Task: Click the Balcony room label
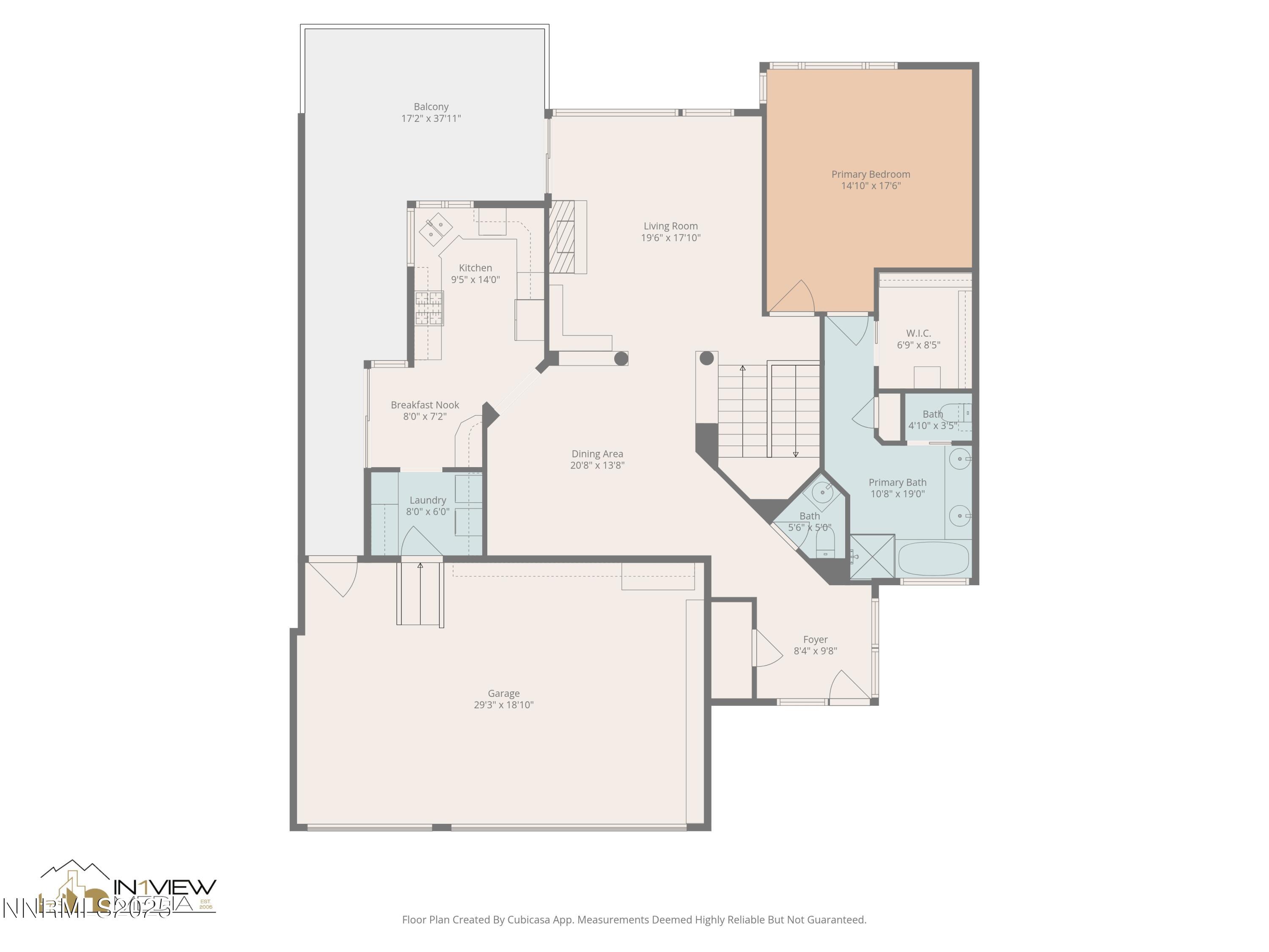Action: [x=431, y=107]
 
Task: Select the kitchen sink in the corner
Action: [x=431, y=228]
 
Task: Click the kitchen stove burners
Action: [x=429, y=308]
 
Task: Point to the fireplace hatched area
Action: [x=562, y=237]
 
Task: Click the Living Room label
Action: [x=670, y=226]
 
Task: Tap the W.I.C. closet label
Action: [x=918, y=333]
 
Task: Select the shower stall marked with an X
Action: [x=872, y=556]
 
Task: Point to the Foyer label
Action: [x=815, y=639]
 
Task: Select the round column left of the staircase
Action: [x=707, y=358]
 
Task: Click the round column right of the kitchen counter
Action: [x=621, y=359]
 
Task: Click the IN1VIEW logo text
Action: [x=165, y=887]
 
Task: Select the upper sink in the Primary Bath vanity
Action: [x=959, y=459]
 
